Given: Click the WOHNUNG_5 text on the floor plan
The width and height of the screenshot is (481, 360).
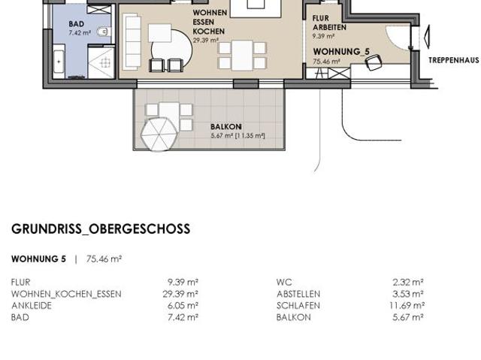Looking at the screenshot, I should click(x=341, y=51).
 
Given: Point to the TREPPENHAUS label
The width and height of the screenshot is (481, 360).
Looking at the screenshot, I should click(x=453, y=59).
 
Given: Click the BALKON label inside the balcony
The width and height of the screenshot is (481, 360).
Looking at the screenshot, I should click(x=225, y=127).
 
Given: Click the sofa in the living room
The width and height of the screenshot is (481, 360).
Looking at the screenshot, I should click(x=133, y=41).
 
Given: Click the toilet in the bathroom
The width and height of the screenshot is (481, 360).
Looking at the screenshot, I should click(x=105, y=31).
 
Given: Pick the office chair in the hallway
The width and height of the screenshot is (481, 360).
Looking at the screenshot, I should click(x=372, y=64).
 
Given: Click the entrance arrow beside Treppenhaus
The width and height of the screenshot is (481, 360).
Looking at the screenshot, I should click(x=425, y=37).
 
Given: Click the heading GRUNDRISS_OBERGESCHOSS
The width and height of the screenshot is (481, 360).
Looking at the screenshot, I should click(x=101, y=229).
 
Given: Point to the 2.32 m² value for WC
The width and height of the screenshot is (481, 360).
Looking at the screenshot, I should click(x=408, y=283).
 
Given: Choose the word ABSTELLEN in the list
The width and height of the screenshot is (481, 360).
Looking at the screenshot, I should click(x=298, y=294).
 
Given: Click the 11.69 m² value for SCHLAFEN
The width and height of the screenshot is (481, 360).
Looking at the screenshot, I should click(x=407, y=306).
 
